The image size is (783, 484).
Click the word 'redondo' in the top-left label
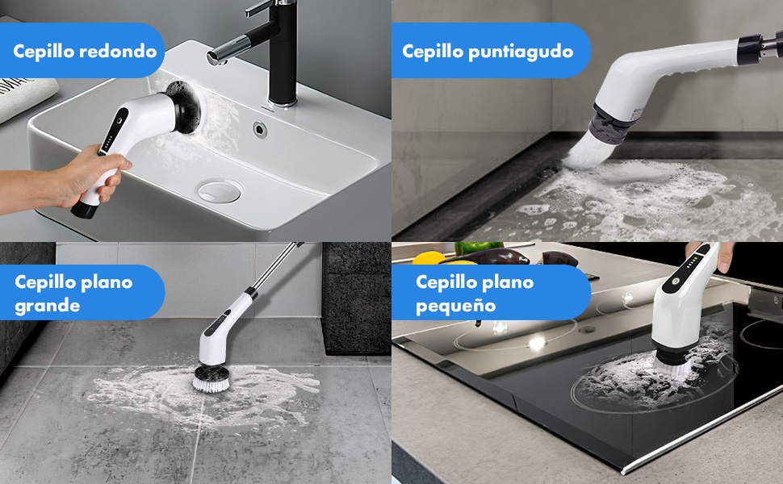tap(119, 51)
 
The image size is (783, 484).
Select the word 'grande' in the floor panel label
tap(47, 306)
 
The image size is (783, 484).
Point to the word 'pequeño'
tap(455, 306)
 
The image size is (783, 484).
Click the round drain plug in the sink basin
tap(219, 191)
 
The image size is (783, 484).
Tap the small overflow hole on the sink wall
tap(261, 127)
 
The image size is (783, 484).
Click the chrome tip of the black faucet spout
tap(212, 56)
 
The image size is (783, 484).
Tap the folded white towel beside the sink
tap(24, 98)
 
